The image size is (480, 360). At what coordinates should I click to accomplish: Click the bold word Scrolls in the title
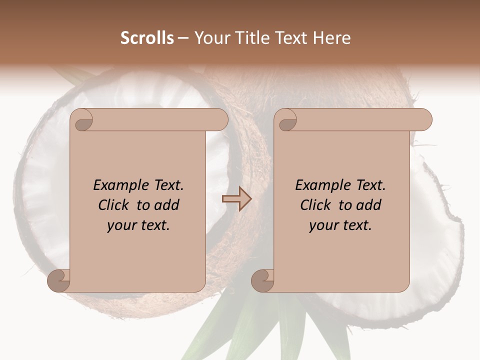tap(147, 38)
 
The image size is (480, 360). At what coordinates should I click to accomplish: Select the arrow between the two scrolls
tap(236, 199)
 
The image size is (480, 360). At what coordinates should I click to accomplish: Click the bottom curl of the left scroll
tap(59, 280)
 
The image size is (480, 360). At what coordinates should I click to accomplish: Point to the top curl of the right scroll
tap(287, 120)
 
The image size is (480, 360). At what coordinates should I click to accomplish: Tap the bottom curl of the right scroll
tap(263, 280)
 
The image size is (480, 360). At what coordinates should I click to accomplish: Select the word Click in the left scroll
tap(112, 205)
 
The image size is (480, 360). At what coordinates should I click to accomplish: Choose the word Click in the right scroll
tap(314, 205)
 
